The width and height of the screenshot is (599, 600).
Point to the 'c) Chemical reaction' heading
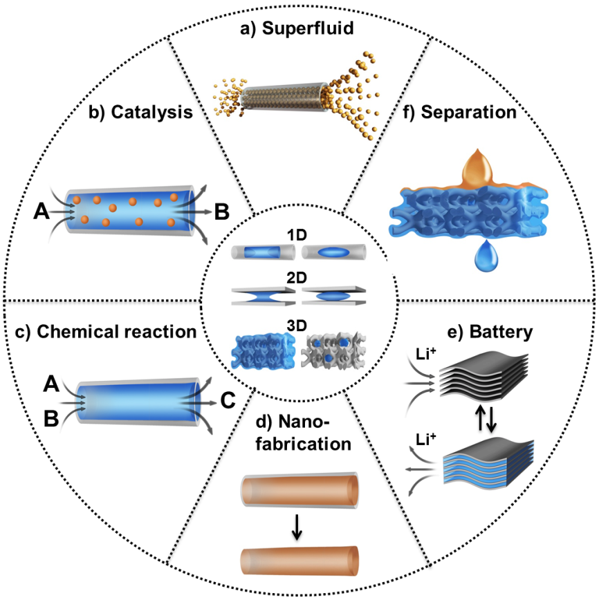click(x=105, y=332)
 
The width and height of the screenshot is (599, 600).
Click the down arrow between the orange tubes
click(x=297, y=528)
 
